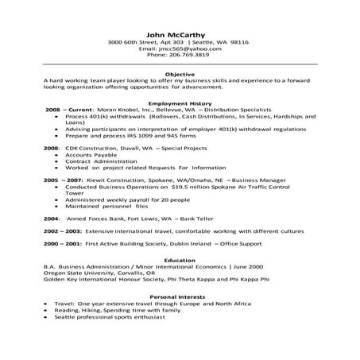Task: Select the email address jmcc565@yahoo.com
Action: coord(187,48)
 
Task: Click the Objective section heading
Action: coord(179,73)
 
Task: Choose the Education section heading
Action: coord(179,260)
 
